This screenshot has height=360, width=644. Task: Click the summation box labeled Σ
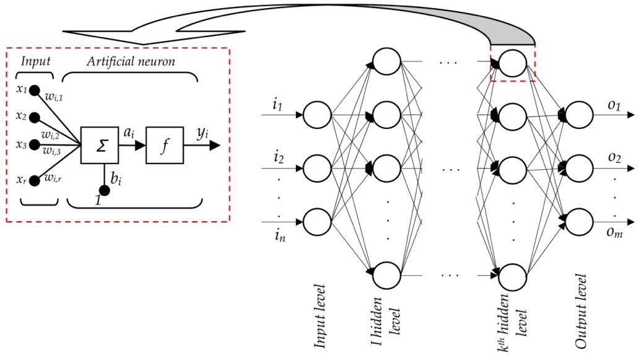pyautogui.click(x=99, y=146)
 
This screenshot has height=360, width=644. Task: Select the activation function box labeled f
pyautogui.click(x=164, y=146)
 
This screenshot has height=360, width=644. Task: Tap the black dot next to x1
pyautogui.click(x=35, y=90)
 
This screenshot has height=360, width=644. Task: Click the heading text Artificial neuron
pyautogui.click(x=131, y=61)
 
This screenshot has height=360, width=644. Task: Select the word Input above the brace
pyautogui.click(x=35, y=61)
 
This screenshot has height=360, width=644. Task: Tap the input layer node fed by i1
pyautogui.click(x=317, y=115)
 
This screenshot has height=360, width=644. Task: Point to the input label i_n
pyautogui.click(x=280, y=235)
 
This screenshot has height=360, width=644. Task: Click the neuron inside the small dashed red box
pyautogui.click(x=512, y=62)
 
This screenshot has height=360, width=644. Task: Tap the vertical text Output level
pyautogui.click(x=581, y=313)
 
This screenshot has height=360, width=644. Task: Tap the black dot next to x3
pyautogui.click(x=35, y=144)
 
